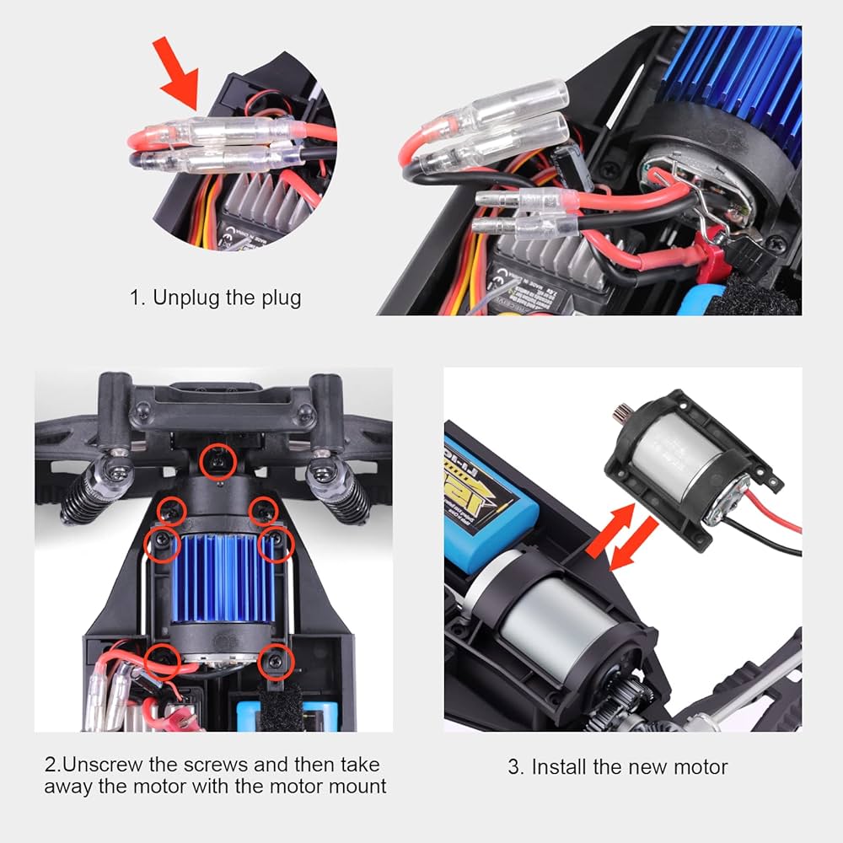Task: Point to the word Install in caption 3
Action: (x=560, y=767)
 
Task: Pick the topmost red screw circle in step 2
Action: (x=217, y=459)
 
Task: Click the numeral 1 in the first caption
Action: (x=134, y=298)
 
